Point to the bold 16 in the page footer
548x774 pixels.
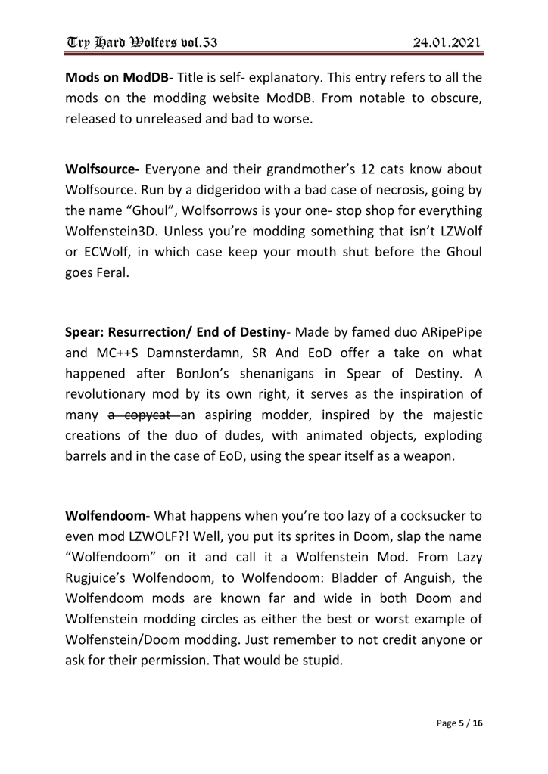(477, 724)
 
